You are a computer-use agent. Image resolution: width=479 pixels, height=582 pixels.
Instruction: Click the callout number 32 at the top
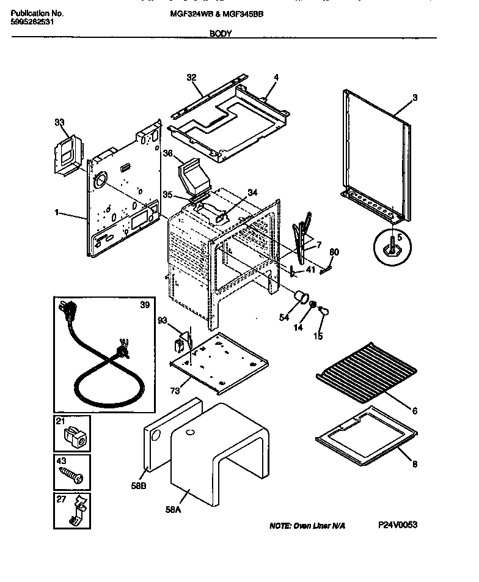[191, 78]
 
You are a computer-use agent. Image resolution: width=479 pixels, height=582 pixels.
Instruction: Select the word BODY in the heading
[221, 34]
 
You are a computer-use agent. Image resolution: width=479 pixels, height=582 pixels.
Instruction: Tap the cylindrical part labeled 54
[301, 297]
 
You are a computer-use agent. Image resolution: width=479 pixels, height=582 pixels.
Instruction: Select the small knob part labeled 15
[324, 313]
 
